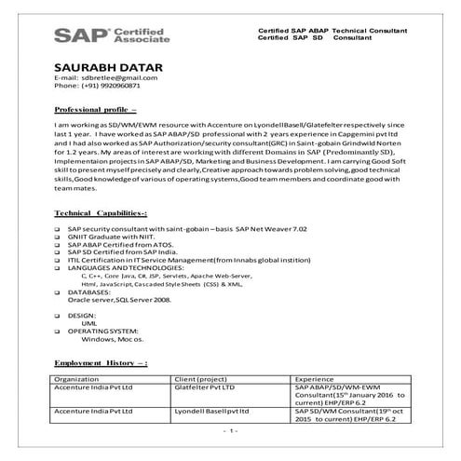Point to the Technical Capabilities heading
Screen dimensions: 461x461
coord(101,213)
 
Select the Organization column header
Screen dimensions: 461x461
coord(77,380)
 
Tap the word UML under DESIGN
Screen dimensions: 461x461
coord(89,322)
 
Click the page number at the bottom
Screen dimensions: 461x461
coord(232,431)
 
